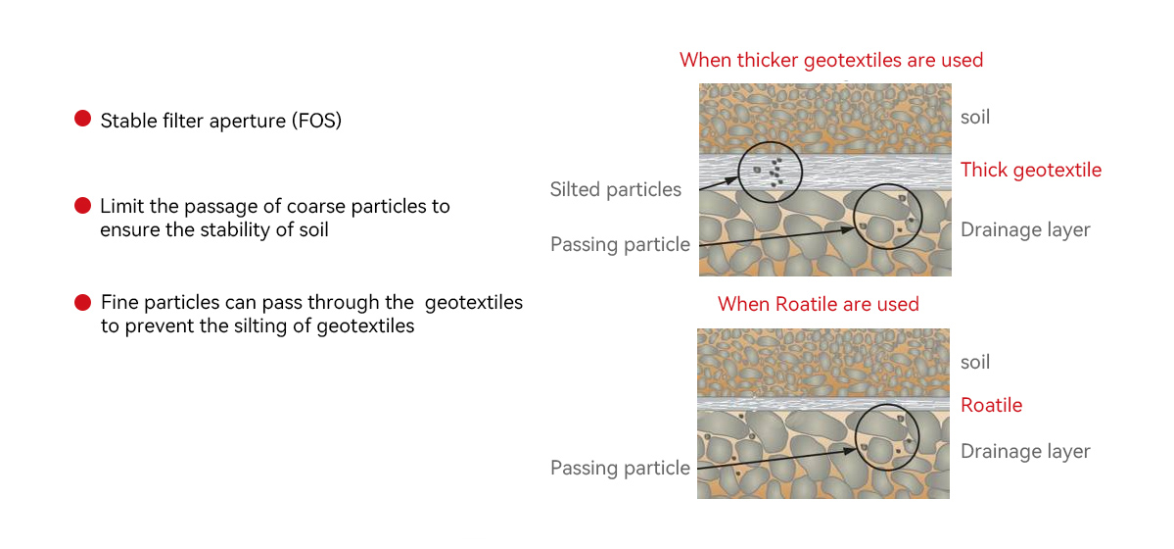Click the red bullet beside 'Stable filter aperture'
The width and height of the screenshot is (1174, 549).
83,119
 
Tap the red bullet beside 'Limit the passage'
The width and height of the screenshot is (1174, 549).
83,206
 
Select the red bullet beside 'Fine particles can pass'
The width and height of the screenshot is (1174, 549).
83,302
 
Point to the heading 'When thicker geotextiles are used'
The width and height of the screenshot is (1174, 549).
831,60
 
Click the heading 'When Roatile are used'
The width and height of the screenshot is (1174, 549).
819,304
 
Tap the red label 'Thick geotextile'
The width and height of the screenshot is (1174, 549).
1031,170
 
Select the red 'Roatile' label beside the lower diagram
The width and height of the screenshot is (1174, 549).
991,405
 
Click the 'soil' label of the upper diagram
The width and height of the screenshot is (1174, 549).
975,117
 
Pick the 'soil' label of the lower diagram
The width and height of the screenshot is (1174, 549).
975,362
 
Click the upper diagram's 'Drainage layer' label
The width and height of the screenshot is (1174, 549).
1025,229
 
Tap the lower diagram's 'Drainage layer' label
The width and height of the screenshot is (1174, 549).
1025,451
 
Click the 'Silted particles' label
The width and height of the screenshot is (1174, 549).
616,189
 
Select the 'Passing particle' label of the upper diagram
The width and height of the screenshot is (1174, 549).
620,244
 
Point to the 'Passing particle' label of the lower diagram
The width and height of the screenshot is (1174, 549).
620,468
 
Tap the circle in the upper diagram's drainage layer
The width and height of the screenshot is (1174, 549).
888,216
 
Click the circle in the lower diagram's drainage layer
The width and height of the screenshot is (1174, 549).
889,437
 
